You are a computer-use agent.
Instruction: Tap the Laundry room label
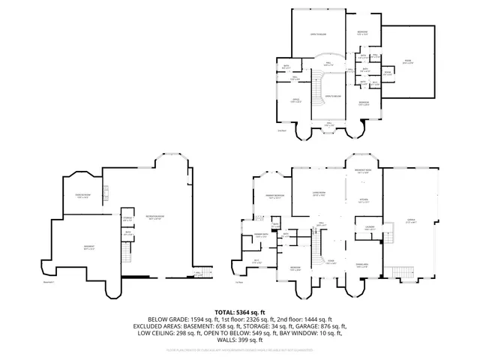pyautogui.click(x=370, y=227)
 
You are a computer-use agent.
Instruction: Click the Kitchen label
pyautogui.click(x=363, y=199)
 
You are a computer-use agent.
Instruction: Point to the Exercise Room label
pyautogui.click(x=83, y=196)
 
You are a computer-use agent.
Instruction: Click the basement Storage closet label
pyautogui.click(x=127, y=219)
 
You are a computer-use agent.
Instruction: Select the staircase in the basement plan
pyautogui.click(x=199, y=272)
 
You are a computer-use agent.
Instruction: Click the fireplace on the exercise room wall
pyautogui.click(x=106, y=196)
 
